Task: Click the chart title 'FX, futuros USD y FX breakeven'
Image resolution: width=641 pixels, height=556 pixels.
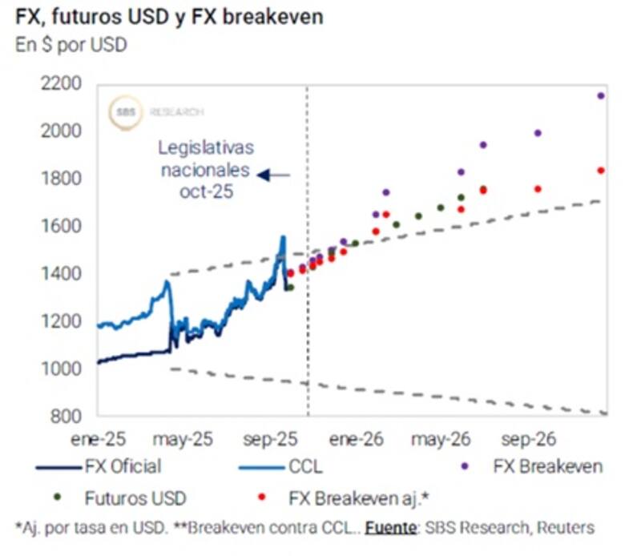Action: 170,16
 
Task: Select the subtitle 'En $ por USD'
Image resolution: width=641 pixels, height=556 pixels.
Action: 71,45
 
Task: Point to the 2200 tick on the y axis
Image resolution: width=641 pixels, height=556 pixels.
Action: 62,83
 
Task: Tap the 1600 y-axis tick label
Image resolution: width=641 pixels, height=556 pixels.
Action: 62,226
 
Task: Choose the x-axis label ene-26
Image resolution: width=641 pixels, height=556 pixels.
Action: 357,439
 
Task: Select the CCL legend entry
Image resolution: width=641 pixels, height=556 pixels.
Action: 305,466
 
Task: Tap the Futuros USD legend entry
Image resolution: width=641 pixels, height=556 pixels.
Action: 135,498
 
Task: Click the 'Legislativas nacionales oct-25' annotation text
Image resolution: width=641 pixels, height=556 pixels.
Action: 206,170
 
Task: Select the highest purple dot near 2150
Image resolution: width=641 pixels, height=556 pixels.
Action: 601,96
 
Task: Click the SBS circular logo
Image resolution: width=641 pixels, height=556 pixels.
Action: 126,112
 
